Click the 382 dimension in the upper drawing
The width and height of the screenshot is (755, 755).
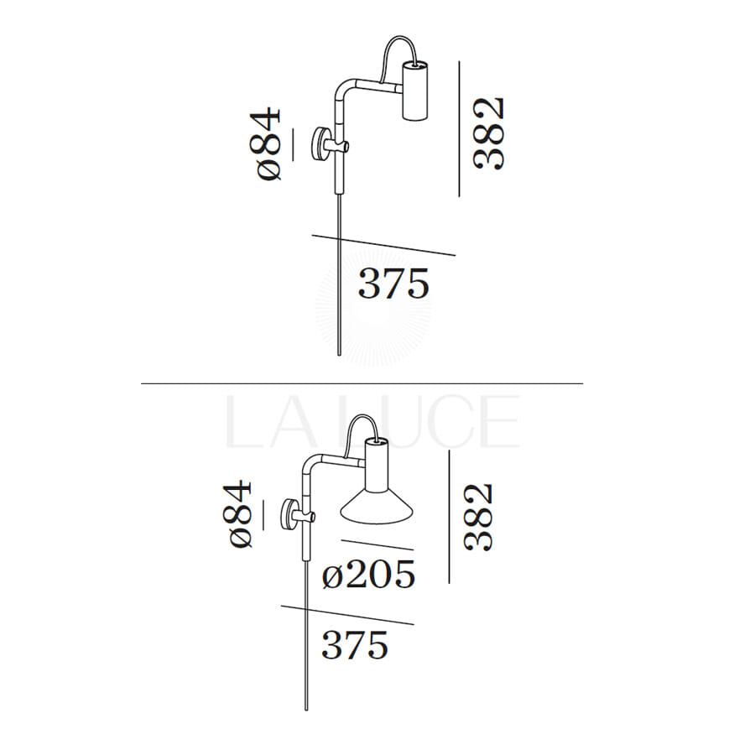click(x=488, y=134)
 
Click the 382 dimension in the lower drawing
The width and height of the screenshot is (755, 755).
click(x=478, y=517)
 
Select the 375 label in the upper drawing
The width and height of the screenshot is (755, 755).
click(x=393, y=284)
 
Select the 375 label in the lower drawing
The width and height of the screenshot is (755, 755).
click(x=355, y=645)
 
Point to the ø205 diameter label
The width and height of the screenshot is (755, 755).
click(x=368, y=574)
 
